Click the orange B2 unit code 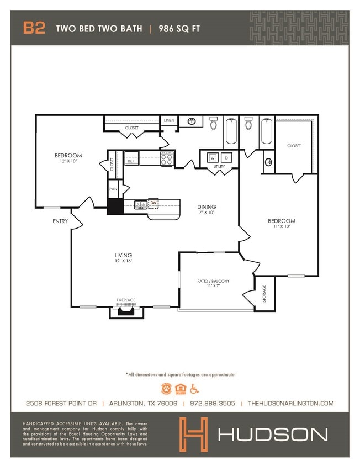(34, 28)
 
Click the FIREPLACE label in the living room (126, 300)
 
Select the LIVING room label (123, 255)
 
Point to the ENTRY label (60, 221)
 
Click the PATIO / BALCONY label (213, 281)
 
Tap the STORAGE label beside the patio (264, 293)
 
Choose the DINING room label (207, 207)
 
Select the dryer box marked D (225, 157)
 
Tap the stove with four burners (167, 159)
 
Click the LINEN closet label (169, 120)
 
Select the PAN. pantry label (114, 189)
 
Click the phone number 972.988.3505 (212, 404)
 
